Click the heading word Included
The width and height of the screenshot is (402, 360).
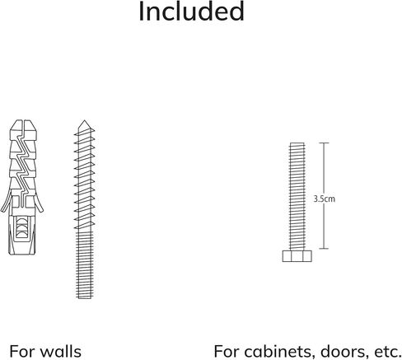tap(191, 11)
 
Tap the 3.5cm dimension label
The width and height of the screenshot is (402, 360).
tap(325, 199)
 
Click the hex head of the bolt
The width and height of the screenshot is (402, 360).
tap(297, 256)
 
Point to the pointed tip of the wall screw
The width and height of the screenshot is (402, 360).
tap(84, 121)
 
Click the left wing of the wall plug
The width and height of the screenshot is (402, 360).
tap(7, 202)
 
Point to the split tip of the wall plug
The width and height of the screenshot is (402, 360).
tap(23, 122)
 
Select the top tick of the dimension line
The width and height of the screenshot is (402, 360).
tap(324, 143)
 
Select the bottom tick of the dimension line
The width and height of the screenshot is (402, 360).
tap(324, 249)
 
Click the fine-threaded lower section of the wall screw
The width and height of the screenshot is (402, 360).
tap(84, 265)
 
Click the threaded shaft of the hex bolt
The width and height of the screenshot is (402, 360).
tap(297, 196)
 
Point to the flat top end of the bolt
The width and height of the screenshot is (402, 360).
tap(297, 143)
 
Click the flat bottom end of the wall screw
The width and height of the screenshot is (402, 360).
tap(85, 298)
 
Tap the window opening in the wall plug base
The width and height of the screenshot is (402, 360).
tap(21, 227)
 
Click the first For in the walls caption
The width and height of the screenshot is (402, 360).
tap(22, 352)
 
